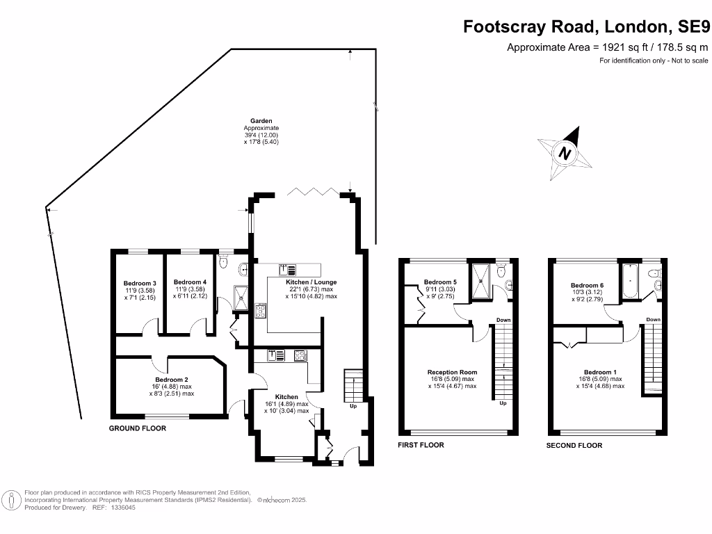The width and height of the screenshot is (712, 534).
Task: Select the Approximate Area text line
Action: (x=607, y=47)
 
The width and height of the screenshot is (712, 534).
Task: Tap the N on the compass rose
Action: (x=565, y=154)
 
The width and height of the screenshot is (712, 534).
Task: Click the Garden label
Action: (x=261, y=121)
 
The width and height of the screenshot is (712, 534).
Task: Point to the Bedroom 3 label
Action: (x=140, y=284)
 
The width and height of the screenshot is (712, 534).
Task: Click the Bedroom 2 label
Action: (x=170, y=380)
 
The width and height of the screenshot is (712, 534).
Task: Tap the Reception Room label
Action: (x=452, y=372)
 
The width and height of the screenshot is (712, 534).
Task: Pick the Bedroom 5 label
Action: (x=439, y=282)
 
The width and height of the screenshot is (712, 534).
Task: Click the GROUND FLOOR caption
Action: (x=138, y=428)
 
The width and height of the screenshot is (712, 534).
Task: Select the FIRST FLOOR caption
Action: (x=421, y=445)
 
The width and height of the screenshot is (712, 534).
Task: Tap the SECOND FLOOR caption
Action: (x=574, y=445)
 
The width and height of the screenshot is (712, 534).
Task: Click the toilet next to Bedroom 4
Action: (x=222, y=261)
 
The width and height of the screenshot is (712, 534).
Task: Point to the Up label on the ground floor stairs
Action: (x=353, y=405)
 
